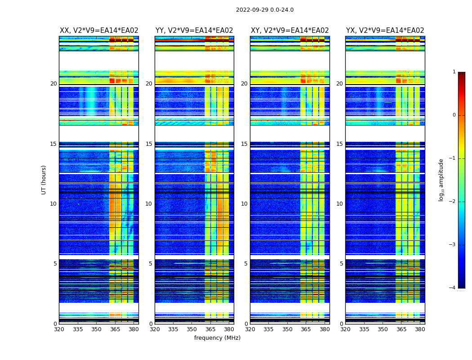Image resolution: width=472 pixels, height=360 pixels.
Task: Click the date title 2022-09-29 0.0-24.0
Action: pos(265,10)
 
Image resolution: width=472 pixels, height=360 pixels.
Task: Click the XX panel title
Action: pos(99,31)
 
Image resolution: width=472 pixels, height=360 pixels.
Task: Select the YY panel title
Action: pos(194,31)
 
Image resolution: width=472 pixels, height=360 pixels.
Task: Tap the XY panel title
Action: pos(289,31)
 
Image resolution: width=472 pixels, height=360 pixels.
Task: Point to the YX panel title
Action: pos(385,31)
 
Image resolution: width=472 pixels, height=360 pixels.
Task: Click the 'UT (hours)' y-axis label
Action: pos(44,180)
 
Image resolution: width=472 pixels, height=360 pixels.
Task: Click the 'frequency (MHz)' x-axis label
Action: pos(217,338)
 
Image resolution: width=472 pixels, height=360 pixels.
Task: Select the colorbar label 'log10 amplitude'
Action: pos(441,180)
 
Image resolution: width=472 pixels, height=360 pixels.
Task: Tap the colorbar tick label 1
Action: pos(454,72)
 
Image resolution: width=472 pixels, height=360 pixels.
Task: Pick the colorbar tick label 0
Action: pos(454,115)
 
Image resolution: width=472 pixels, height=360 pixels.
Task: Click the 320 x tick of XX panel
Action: pos(59,329)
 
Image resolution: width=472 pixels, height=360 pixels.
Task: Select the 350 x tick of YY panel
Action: pos(192,329)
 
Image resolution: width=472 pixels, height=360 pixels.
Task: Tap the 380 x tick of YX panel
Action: pos(420,329)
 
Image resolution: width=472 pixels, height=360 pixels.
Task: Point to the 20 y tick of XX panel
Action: pos(53,84)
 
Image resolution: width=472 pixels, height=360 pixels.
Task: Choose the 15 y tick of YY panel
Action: pos(149,144)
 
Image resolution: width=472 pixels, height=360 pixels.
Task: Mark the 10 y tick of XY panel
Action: pos(244,204)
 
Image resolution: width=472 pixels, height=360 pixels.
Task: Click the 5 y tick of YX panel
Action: pos(341,264)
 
